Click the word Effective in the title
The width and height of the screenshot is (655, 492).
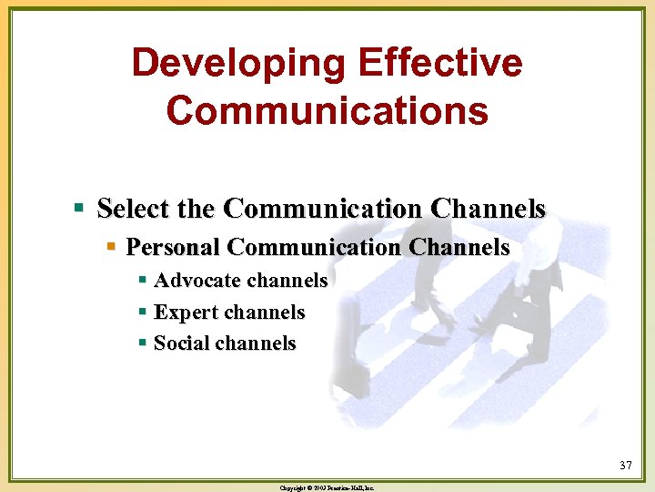440,64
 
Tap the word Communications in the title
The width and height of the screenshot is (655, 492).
327,110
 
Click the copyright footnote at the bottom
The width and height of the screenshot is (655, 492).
327,487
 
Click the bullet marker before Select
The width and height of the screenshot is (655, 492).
80,210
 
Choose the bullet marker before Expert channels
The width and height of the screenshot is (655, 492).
142,313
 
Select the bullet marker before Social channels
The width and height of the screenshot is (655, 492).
142,343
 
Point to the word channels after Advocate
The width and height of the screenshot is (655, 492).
285,281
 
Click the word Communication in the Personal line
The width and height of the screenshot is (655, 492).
314,247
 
